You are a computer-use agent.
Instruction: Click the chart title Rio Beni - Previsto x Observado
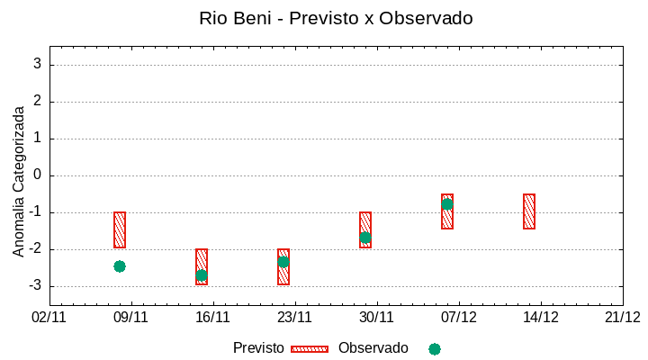pyautogui.click(x=336, y=18)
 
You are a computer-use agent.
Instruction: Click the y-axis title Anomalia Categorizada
pyautogui.click(x=19, y=181)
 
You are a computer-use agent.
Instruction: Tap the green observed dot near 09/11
pyautogui.click(x=120, y=266)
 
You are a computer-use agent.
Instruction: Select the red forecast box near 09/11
pyautogui.click(x=120, y=229)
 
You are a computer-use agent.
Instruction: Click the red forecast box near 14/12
pyautogui.click(x=529, y=211)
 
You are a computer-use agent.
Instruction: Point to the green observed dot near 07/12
pyautogui.click(x=447, y=204)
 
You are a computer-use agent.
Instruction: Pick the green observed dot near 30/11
pyautogui.click(x=365, y=238)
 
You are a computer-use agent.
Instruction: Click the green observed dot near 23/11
pyautogui.click(x=283, y=262)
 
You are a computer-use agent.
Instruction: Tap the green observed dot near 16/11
pyautogui.click(x=202, y=275)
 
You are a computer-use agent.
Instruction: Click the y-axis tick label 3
pyautogui.click(x=38, y=65)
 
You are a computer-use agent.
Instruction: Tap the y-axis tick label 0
pyautogui.click(x=38, y=175)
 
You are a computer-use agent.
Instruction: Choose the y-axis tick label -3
pyautogui.click(x=35, y=286)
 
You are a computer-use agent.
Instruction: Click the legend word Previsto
pyautogui.click(x=258, y=348)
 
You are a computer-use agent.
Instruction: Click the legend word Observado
pyautogui.click(x=373, y=348)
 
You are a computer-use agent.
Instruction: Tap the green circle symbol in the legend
pyautogui.click(x=435, y=349)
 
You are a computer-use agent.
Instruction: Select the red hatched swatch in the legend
pyautogui.click(x=310, y=349)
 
